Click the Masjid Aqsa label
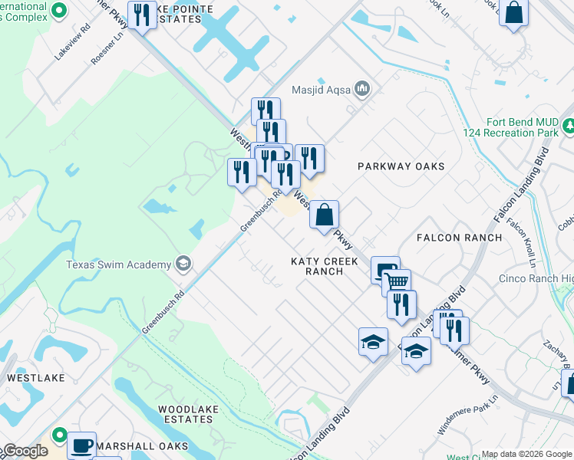(x=320, y=90)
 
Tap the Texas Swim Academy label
(x=118, y=265)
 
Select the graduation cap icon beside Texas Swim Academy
(x=183, y=264)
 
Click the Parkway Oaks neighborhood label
(x=401, y=166)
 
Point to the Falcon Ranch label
(x=459, y=238)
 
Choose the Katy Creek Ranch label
(x=324, y=266)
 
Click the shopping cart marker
(x=396, y=283)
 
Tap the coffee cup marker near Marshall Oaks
(x=81, y=445)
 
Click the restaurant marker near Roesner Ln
(x=142, y=15)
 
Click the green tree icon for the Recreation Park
(x=569, y=125)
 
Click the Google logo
(x=25, y=451)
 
